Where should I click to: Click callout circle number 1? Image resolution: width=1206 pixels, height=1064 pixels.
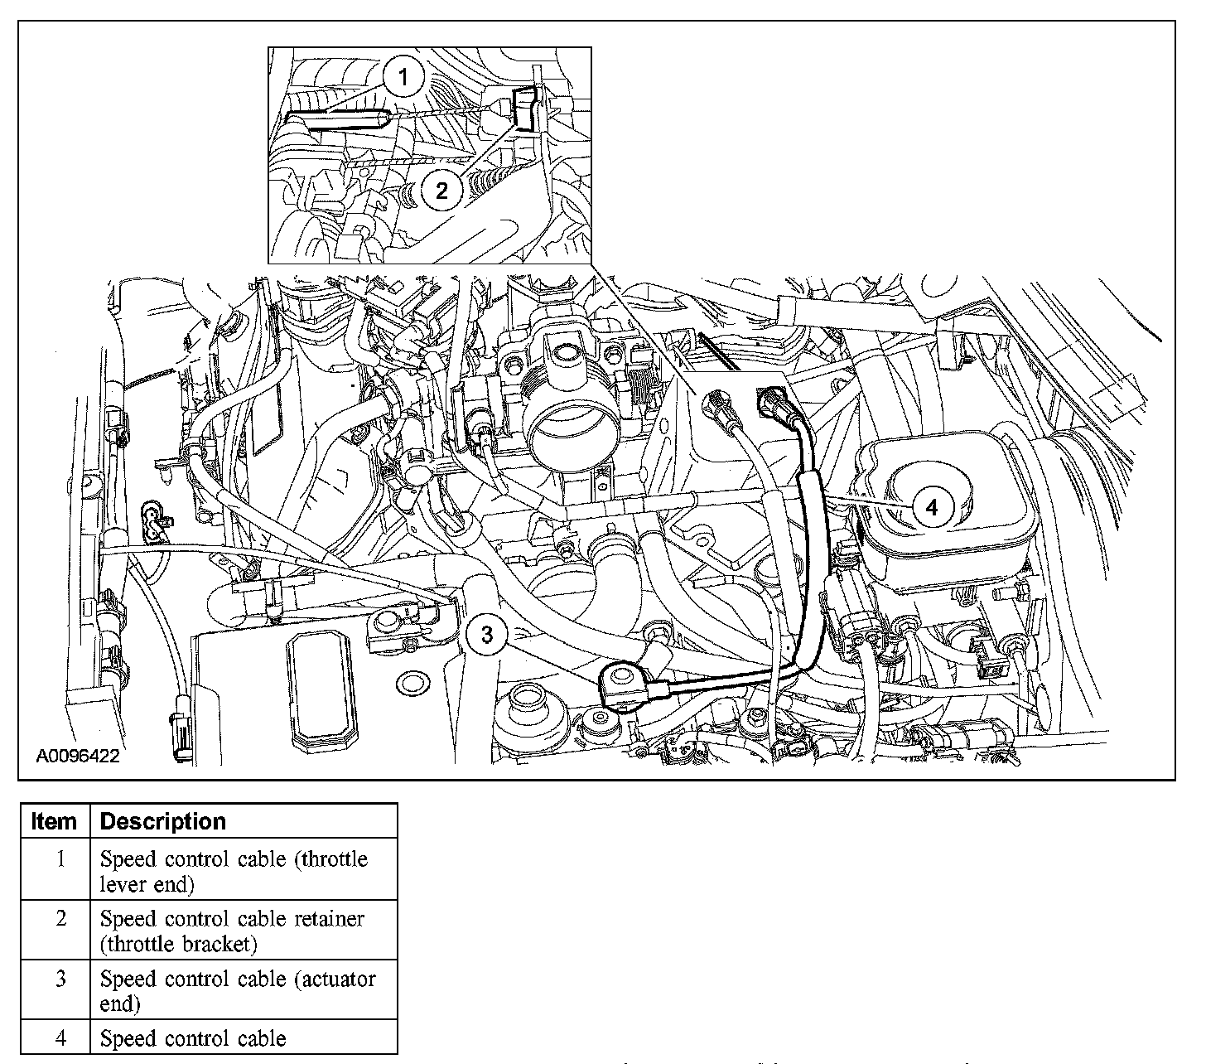403,79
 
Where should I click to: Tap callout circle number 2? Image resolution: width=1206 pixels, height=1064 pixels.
441,191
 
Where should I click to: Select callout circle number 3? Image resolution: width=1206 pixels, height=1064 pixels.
487,635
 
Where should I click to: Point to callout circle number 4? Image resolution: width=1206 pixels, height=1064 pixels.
932,506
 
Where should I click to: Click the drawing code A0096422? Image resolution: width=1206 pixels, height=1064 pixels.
78,756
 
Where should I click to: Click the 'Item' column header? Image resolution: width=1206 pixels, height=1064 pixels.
54,821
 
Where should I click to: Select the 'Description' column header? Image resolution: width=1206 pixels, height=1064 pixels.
162,821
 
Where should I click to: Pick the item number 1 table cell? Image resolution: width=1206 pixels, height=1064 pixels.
60,858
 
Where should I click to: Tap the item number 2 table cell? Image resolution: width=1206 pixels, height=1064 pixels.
60,918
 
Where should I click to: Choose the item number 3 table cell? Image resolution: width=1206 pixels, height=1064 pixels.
60,979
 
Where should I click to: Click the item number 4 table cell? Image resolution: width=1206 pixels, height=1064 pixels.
60,1037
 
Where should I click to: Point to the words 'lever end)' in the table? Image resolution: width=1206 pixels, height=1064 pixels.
147,883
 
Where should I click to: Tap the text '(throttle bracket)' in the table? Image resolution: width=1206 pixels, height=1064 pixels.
178,944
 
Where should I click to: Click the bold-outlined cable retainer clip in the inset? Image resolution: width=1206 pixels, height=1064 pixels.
525,109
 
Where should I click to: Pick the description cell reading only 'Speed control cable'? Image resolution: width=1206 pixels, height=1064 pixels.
193,1038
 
